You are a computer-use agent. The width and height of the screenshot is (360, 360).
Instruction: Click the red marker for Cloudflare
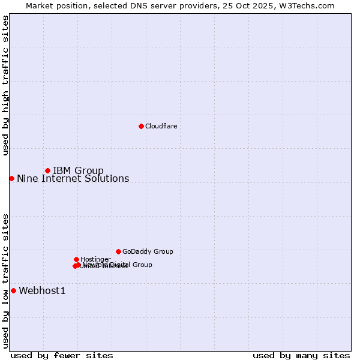pyautogui.click(x=141, y=126)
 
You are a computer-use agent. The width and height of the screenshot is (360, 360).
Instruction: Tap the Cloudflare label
pyautogui.click(x=161, y=126)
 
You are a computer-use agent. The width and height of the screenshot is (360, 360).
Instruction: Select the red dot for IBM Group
pyautogui.click(x=47, y=171)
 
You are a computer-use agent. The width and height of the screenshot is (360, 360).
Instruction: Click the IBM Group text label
pyautogui.click(x=78, y=171)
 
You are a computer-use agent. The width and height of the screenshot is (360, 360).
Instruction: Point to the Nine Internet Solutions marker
pyautogui.click(x=11, y=178)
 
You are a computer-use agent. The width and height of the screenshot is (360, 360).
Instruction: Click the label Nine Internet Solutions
pyautogui.click(x=73, y=179)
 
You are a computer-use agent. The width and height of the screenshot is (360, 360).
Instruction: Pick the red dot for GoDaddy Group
pyautogui.click(x=118, y=251)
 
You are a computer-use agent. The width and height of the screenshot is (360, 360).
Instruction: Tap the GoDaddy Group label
pyautogui.click(x=148, y=252)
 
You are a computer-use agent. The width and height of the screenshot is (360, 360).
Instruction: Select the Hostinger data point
pyautogui.click(x=76, y=259)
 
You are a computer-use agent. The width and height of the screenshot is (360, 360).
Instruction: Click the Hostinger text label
pyautogui.click(x=95, y=259)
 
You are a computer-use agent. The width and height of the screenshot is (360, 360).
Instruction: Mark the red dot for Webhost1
pyautogui.click(x=13, y=290)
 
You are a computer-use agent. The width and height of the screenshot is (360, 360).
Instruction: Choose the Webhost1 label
pyautogui.click(x=42, y=291)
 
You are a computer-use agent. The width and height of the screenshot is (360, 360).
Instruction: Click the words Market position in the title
pyautogui.click(x=53, y=5)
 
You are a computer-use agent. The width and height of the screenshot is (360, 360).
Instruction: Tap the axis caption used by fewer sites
pyautogui.click(x=62, y=355)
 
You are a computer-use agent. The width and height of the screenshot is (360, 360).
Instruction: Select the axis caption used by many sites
pyautogui.click(x=301, y=355)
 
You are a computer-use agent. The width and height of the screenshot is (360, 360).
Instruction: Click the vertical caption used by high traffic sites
pyautogui.click(x=5, y=85)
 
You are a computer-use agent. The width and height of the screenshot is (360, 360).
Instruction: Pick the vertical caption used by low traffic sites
pyautogui.click(x=5, y=280)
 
